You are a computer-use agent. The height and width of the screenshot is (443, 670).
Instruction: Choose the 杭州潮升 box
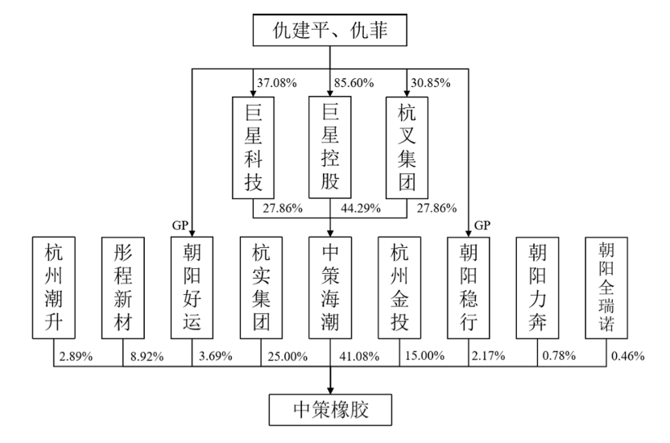click(x=54, y=288)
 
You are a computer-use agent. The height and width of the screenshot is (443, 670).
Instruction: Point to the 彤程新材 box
click(x=123, y=288)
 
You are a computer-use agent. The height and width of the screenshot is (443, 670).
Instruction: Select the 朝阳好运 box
click(x=192, y=288)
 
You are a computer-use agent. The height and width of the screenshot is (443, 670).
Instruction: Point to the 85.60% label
click(x=354, y=83)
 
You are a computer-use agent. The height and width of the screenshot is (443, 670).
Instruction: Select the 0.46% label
click(x=627, y=355)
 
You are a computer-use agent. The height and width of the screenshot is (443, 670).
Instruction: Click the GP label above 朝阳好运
click(x=180, y=225)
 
